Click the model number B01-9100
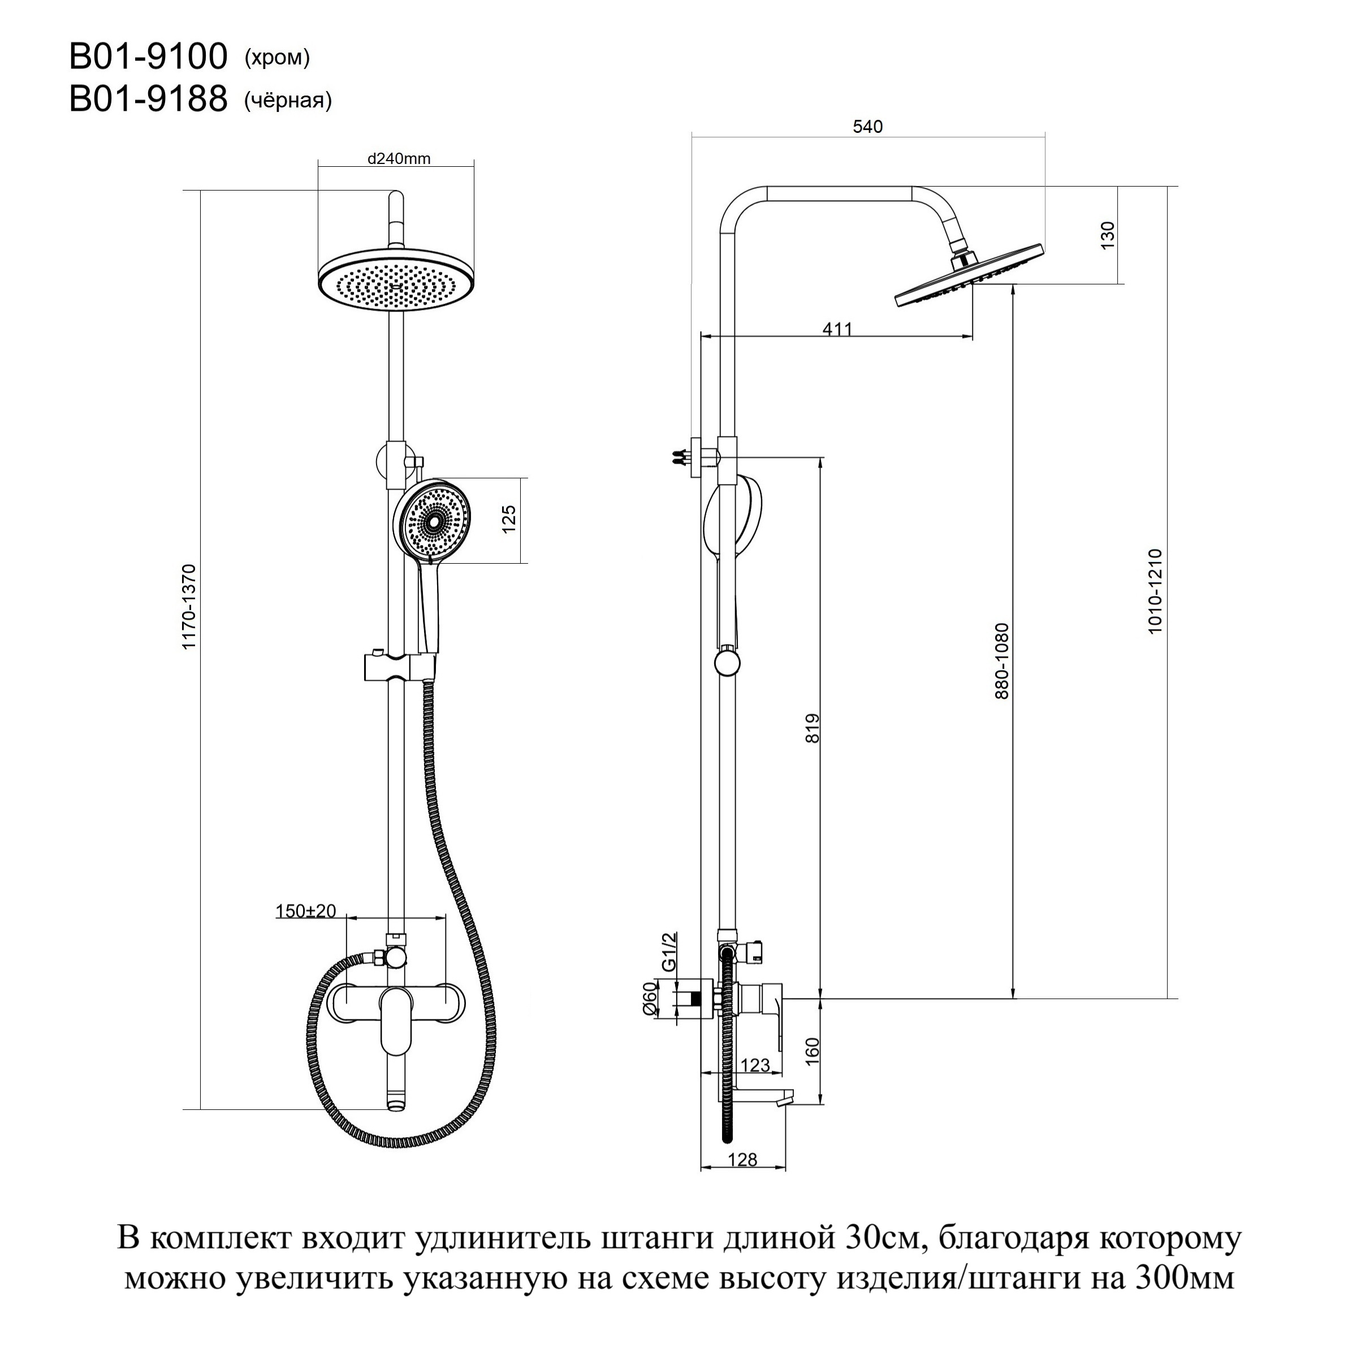coord(148,57)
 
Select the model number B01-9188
coord(148,99)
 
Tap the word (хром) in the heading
coord(276,58)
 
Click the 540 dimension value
coord(867,127)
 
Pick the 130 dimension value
coord(1108,235)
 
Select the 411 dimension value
coord(837,328)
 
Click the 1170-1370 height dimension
coord(189,606)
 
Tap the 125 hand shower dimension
coord(509,520)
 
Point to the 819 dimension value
coord(812,728)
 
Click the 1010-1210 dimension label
coord(1155,591)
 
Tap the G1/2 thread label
coord(669,951)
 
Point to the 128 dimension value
coord(742,1160)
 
